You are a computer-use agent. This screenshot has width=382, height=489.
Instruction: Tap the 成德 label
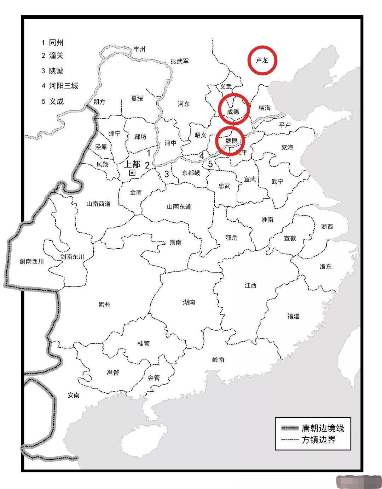point(233,112)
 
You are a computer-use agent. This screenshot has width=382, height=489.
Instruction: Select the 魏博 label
point(232,141)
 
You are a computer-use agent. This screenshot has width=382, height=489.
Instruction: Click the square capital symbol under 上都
point(133,173)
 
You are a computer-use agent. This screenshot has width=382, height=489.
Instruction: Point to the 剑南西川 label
point(31,262)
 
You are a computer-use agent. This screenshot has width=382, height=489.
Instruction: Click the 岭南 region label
point(218,360)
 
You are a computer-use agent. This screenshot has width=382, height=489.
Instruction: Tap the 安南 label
point(74,395)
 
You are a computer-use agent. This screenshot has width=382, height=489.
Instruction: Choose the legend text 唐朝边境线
point(323,428)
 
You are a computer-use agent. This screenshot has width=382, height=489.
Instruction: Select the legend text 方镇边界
point(318,440)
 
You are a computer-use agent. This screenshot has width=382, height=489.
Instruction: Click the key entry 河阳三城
point(64,86)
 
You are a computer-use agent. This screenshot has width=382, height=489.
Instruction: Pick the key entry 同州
point(56,43)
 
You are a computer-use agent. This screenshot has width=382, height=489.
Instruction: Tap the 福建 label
point(293,316)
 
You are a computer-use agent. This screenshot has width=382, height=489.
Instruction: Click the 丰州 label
point(139,49)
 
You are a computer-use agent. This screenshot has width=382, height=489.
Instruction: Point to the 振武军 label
point(180,61)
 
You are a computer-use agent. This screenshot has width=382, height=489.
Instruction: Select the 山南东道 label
point(179,207)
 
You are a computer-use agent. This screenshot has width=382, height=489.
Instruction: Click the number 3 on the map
point(166,174)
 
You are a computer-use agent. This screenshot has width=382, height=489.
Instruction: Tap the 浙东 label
point(325,267)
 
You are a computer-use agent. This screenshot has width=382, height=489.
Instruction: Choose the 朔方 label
point(99,102)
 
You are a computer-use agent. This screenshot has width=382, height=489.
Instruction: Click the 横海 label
point(264,108)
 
